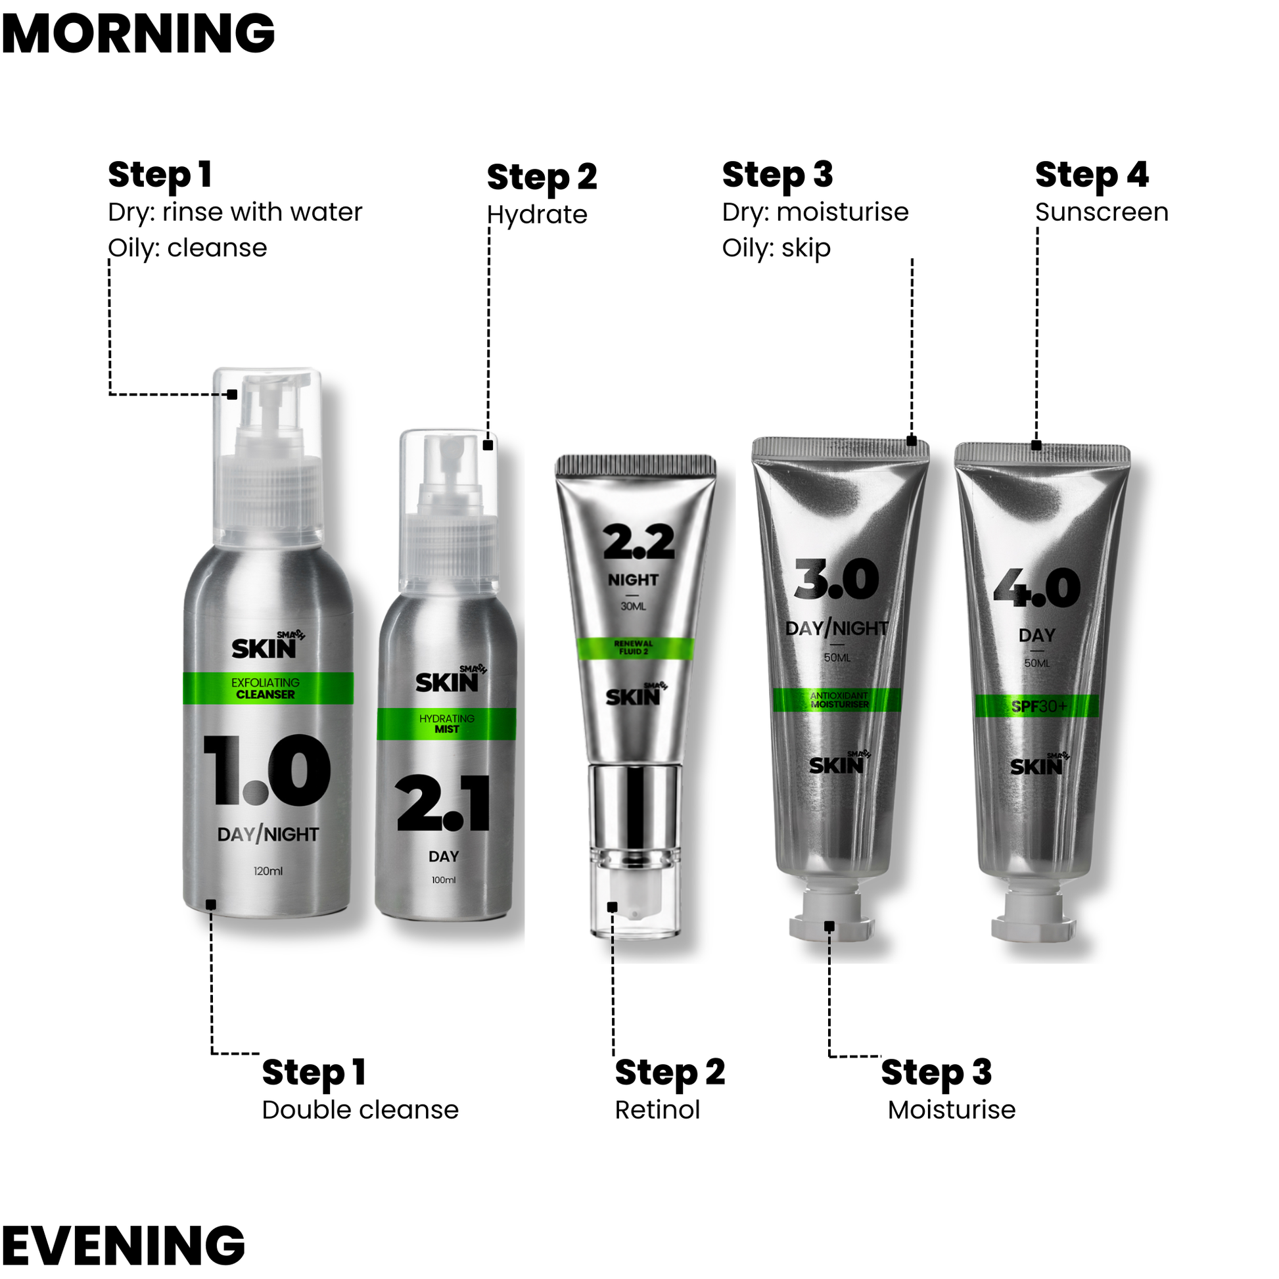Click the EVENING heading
124,1245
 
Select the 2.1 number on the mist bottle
444,803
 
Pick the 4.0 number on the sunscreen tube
1036,587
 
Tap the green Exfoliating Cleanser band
268,689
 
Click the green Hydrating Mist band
446,724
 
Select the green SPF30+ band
1036,706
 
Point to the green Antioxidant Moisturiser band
837,700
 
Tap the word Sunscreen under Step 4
1102,212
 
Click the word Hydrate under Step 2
537,215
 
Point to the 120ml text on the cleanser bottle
268,872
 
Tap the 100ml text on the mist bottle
444,880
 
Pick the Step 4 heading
1092,175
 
